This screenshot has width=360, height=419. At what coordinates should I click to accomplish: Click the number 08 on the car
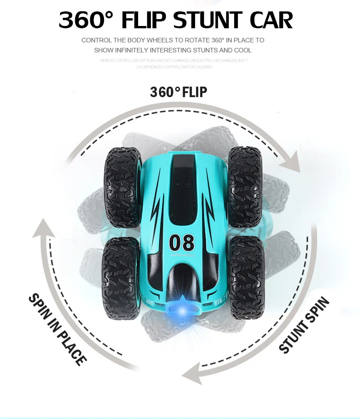(182, 242)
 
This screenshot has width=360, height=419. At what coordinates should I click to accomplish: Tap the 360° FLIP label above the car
(179, 93)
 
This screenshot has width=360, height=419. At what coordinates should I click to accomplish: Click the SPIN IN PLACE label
(57, 329)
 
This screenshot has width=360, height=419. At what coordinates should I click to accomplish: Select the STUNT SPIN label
(304, 325)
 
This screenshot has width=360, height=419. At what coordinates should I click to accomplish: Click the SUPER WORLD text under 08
(182, 256)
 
